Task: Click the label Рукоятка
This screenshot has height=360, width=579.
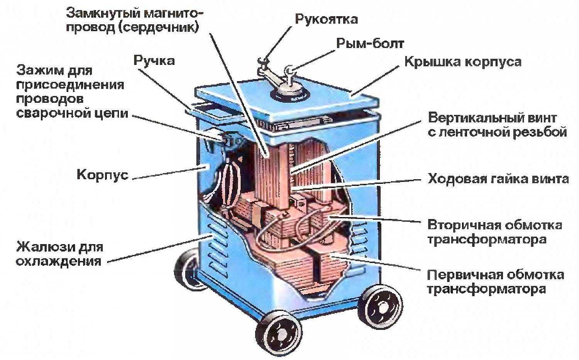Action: (326, 19)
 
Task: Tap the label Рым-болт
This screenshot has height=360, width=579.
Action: (370, 44)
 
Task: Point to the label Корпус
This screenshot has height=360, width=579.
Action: (103, 175)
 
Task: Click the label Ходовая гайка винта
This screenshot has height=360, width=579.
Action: (498, 179)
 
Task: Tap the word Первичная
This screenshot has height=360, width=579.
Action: (465, 275)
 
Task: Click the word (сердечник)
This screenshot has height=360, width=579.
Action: (158, 27)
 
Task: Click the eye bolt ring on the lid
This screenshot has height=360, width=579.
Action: (289, 70)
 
